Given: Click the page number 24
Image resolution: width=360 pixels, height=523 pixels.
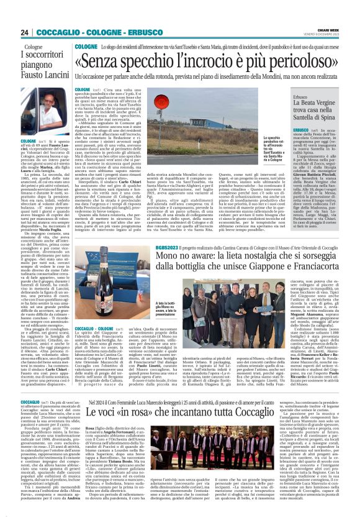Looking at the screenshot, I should pyautogui.click(x=25, y=32).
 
